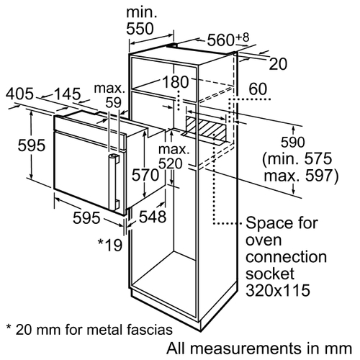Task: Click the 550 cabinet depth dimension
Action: click(140, 29)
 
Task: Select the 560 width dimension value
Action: click(220, 40)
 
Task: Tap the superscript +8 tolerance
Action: click(243, 37)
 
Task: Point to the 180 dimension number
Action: click(176, 82)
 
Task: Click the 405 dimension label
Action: click(19, 94)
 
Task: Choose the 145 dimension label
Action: click(68, 94)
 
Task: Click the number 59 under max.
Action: click(114, 103)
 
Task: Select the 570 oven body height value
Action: click(145, 174)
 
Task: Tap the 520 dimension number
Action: click(171, 164)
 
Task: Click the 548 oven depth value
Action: click(153, 217)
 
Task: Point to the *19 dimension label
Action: click(110, 245)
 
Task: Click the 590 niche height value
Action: click(292, 142)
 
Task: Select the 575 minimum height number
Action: click(318, 158)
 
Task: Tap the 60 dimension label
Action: click(258, 89)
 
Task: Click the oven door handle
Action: click(114, 182)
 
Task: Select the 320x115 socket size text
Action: click(278, 290)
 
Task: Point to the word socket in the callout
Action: click(270, 274)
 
